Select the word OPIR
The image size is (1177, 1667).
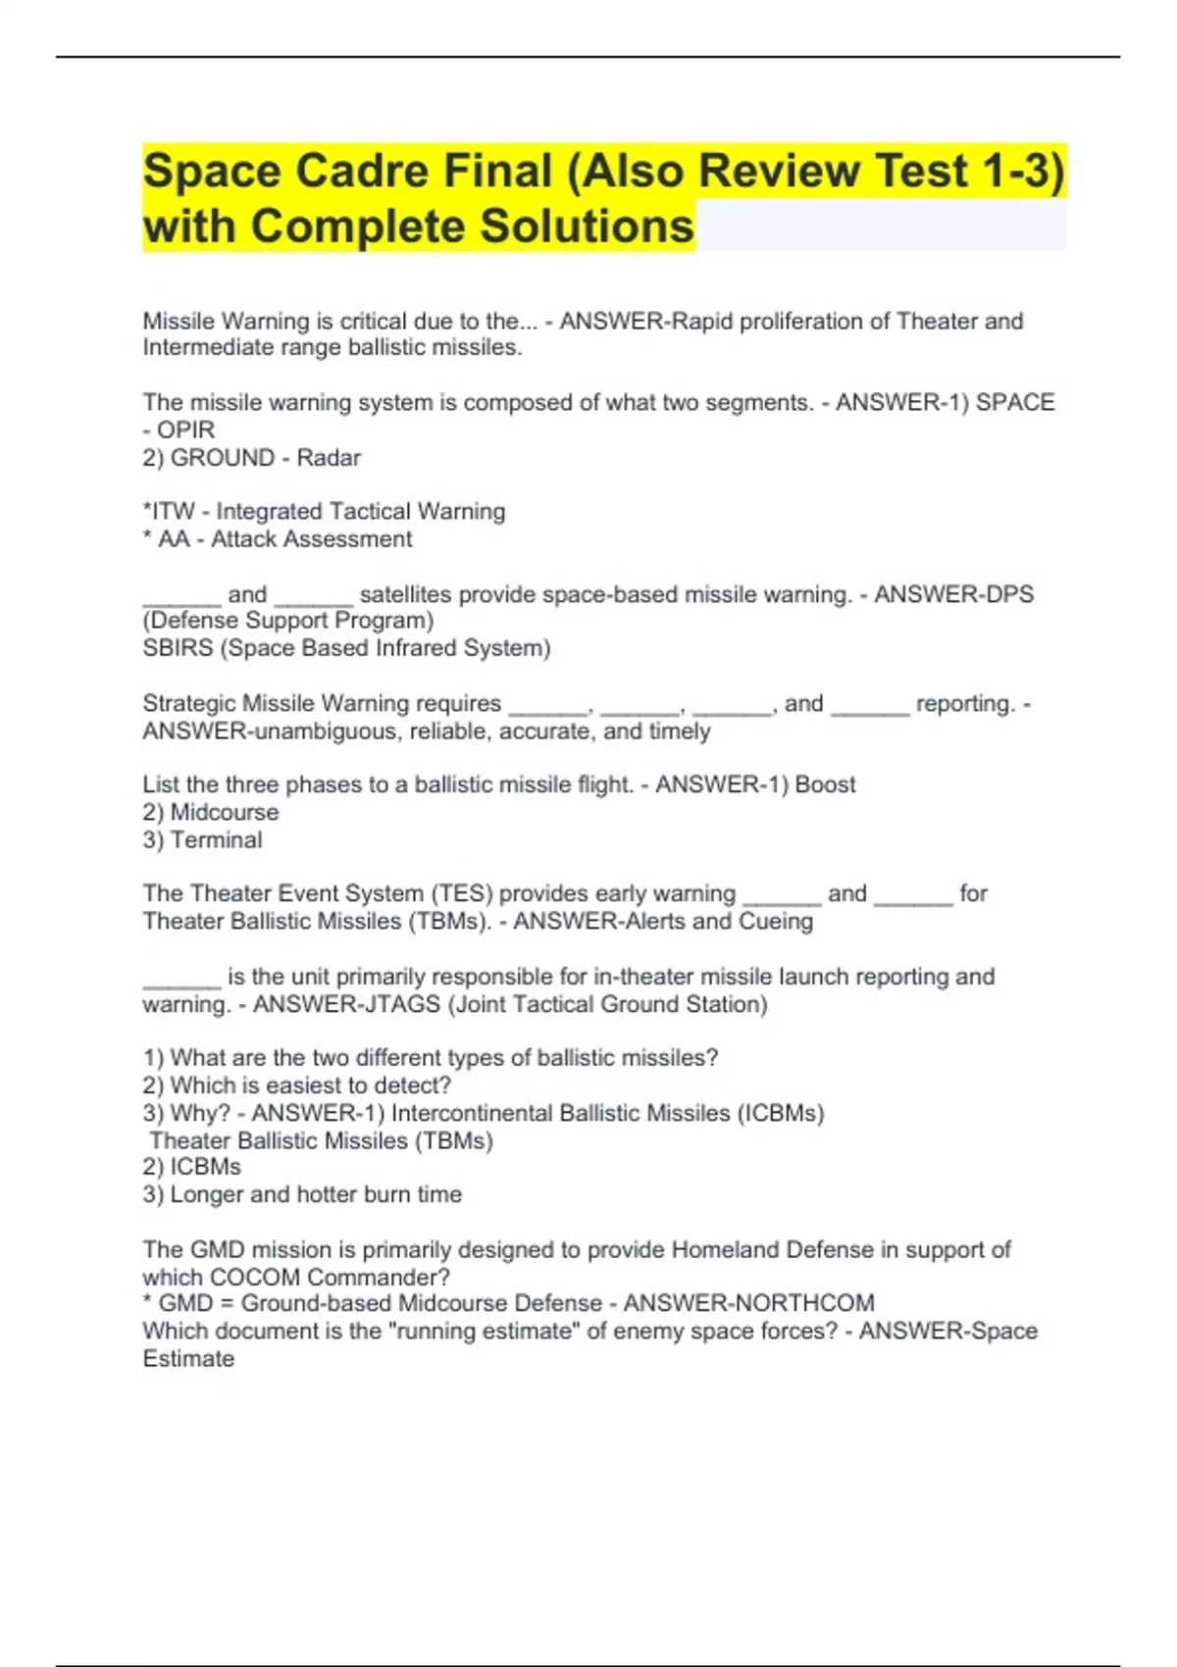(185, 429)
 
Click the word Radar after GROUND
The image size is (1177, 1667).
(329, 458)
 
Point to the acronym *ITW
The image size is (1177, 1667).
(169, 512)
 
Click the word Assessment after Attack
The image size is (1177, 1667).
(349, 539)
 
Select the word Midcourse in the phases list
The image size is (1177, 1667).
(224, 812)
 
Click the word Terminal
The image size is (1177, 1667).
(216, 840)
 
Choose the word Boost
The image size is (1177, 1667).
(825, 784)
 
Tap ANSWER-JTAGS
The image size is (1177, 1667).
(346, 1004)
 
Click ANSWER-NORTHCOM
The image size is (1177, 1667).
(748, 1303)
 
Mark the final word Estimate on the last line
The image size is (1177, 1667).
(188, 1359)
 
